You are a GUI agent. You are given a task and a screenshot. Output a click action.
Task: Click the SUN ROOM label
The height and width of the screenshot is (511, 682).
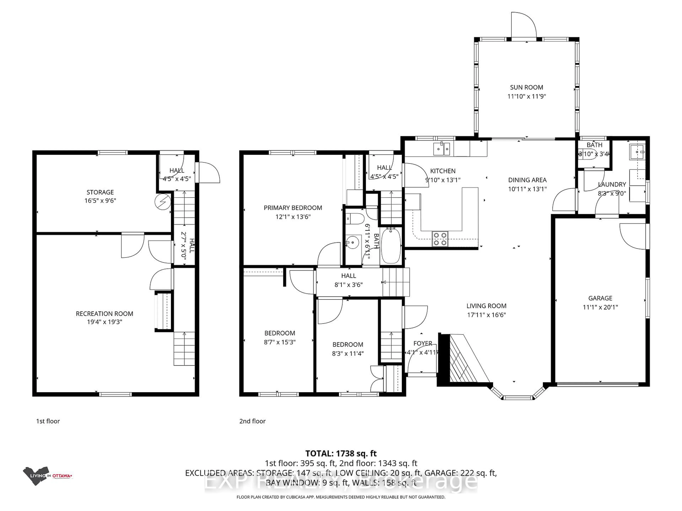[526, 87]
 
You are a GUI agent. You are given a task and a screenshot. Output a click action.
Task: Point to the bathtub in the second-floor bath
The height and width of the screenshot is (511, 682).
[391, 246]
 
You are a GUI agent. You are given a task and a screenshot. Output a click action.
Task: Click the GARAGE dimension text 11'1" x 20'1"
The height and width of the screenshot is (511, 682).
[600, 307]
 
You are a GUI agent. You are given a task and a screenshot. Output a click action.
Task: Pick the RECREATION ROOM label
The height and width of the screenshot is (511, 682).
[104, 314]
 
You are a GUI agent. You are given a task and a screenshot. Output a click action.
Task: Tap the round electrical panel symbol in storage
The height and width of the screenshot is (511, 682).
[163, 202]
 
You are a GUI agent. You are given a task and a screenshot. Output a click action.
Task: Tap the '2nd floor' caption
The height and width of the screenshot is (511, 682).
[252, 421]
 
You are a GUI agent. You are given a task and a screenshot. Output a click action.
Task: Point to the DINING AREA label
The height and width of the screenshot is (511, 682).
[527, 180]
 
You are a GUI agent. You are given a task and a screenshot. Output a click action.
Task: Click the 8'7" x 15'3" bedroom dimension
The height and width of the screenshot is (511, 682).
[280, 342]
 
